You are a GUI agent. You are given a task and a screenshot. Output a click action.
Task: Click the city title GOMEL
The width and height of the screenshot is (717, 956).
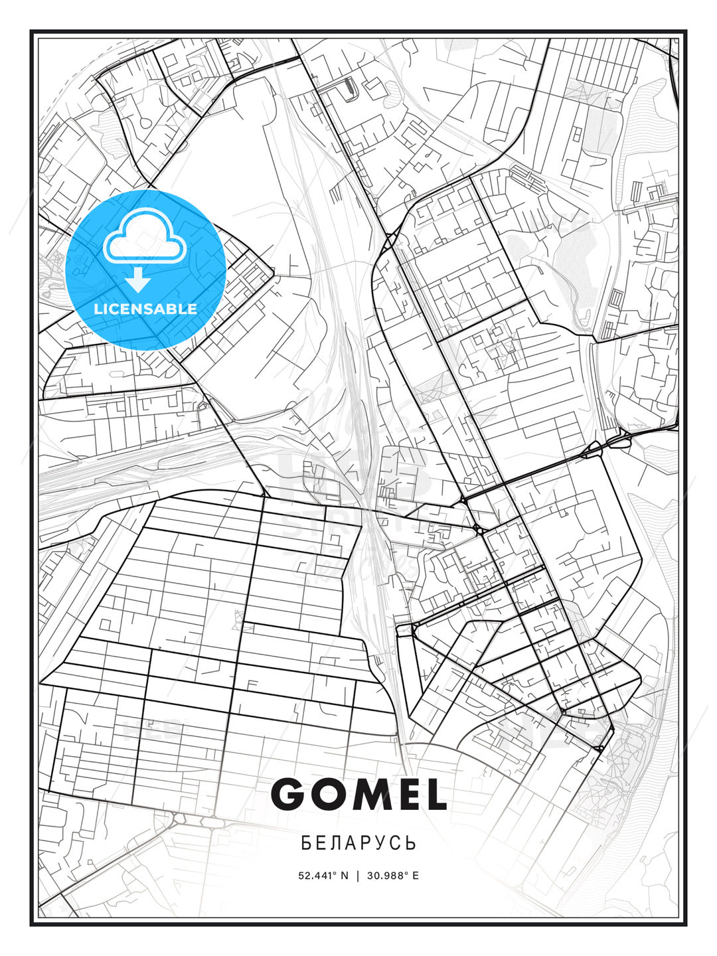[x=358, y=794]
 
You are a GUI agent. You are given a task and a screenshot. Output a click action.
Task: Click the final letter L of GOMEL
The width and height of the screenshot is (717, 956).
[x=434, y=794]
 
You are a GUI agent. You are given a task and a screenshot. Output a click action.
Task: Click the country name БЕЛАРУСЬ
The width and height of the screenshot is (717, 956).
[x=358, y=843]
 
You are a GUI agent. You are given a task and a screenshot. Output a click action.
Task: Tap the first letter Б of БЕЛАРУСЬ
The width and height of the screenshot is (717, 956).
[x=306, y=843]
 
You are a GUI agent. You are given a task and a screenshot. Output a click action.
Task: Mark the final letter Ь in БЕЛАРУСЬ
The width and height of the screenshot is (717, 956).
[x=412, y=843]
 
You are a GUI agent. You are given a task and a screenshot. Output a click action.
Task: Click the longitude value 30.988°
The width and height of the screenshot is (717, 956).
[x=387, y=876]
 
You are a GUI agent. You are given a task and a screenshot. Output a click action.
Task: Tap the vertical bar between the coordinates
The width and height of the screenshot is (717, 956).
[x=358, y=876]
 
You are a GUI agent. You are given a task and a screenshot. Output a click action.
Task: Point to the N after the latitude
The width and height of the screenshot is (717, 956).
[x=345, y=876]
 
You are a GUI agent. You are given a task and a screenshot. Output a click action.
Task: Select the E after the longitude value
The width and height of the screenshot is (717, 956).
[x=416, y=876]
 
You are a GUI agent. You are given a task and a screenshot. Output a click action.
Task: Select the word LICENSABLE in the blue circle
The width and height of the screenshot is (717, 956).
[x=145, y=309]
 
